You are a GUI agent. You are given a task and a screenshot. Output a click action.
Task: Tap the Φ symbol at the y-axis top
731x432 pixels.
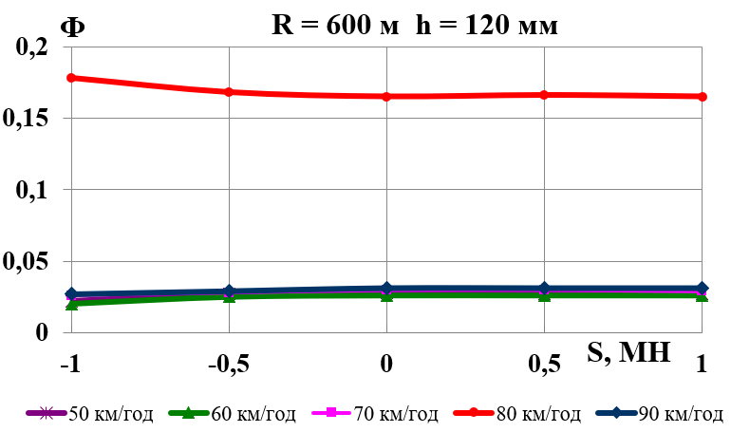pyautogui.click(x=72, y=26)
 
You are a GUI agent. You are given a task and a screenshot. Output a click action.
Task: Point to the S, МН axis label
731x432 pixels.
pyautogui.click(x=631, y=354)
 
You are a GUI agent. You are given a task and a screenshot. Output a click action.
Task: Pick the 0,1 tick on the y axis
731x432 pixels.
pyautogui.click(x=34, y=190)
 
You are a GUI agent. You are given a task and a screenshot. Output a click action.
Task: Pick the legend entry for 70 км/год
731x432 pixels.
pyautogui.click(x=383, y=413)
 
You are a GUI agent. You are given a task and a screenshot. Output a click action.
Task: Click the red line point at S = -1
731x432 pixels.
pyautogui.click(x=72, y=78)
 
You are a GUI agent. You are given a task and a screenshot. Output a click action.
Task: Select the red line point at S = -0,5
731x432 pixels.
pyautogui.click(x=229, y=92)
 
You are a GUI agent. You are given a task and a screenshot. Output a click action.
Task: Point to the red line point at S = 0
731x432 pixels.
pyautogui.click(x=386, y=97)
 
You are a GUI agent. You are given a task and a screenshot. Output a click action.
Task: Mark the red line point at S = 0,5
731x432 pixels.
pyautogui.click(x=544, y=95)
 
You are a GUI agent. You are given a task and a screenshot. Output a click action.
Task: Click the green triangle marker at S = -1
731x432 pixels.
pyautogui.click(x=72, y=304)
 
